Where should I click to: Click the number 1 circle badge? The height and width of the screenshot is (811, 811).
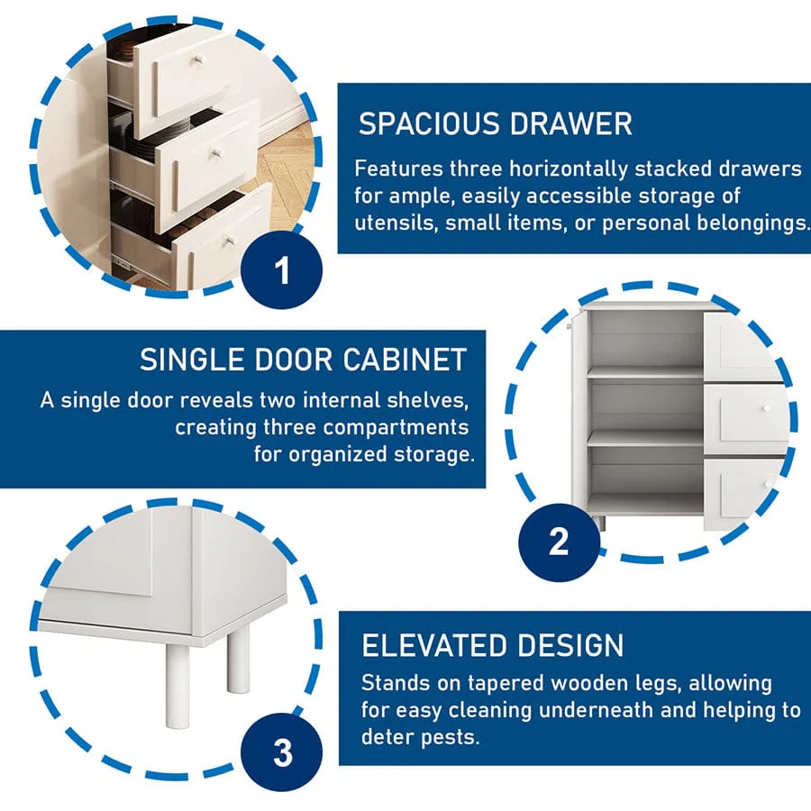[282, 270]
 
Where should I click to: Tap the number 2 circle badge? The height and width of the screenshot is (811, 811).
[559, 542]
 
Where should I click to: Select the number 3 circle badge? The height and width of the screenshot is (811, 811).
[282, 752]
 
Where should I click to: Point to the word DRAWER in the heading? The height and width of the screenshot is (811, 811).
[570, 124]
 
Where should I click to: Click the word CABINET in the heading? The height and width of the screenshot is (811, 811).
[405, 360]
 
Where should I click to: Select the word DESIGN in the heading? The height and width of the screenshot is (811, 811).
[571, 645]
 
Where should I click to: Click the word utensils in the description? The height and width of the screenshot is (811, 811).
[396, 223]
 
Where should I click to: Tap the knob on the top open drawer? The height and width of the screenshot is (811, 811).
[198, 61]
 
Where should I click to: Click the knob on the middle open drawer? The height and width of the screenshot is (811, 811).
[217, 153]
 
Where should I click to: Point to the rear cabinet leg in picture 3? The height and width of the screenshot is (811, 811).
[238, 658]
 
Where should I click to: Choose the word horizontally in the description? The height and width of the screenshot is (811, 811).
[569, 169]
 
